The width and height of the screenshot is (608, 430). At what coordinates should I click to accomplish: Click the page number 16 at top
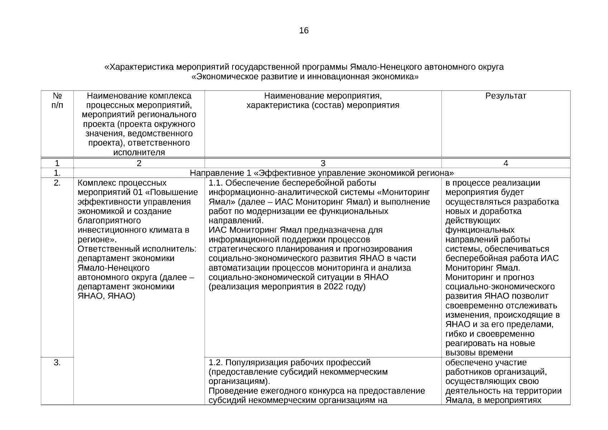tap(303, 31)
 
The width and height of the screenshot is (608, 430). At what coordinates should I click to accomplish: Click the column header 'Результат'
tap(506, 96)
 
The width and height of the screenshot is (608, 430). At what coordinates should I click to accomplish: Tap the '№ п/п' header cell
tap(57, 101)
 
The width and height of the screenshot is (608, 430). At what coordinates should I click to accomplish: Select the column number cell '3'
tap(323, 163)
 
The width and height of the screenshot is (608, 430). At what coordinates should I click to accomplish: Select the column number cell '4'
tap(506, 163)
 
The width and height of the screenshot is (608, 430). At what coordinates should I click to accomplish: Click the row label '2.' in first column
tap(57, 183)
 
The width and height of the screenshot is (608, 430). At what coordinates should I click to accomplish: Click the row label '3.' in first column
tap(57, 363)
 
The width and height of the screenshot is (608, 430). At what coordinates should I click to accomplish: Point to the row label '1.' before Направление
tap(57, 173)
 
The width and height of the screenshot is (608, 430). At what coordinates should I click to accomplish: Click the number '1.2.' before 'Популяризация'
tap(216, 363)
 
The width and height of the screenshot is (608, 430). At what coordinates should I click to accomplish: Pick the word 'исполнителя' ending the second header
tap(139, 152)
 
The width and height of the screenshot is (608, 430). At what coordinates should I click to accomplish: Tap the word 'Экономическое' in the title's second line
tap(221, 77)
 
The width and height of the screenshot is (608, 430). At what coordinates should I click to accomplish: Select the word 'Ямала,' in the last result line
tap(459, 400)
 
